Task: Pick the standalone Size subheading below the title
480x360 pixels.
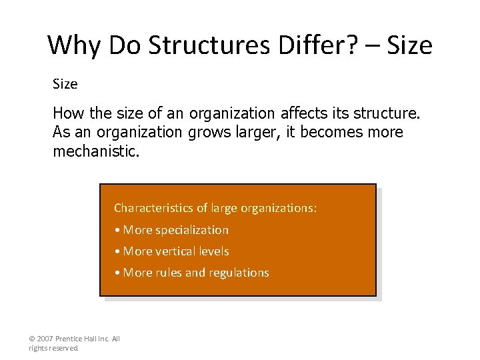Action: [x=65, y=84]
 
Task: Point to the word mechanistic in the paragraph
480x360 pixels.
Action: [x=95, y=151]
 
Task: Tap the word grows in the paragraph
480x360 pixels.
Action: [x=209, y=132]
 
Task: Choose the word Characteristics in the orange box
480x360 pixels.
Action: [x=153, y=208]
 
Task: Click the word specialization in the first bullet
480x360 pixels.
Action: [x=192, y=230]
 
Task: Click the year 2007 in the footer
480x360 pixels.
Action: [x=45, y=339]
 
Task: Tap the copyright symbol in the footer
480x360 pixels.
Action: [x=32, y=339]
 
